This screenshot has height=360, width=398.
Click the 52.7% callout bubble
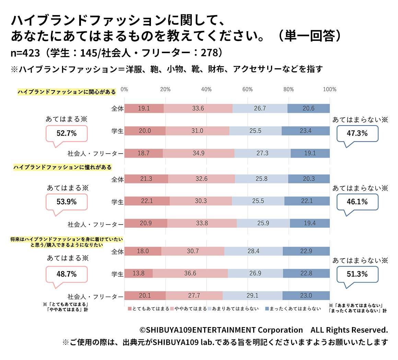pyautogui.click(x=67, y=133)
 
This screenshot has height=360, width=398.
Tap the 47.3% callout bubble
pyautogui.click(x=357, y=133)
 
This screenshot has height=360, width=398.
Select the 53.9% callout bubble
pyautogui.click(x=67, y=202)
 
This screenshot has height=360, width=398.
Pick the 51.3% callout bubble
pyautogui.click(x=357, y=274)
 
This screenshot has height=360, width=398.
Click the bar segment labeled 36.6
pyautogui.click(x=190, y=273)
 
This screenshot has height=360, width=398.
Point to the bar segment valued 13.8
pyautogui.click(x=138, y=273)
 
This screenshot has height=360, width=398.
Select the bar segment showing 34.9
pyautogui.click(x=199, y=153)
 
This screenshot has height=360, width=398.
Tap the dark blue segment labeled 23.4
pyautogui.click(x=305, y=131)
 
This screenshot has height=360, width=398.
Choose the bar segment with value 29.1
pyautogui.click(x=252, y=296)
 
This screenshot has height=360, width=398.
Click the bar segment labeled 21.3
pyautogui.click(x=146, y=179)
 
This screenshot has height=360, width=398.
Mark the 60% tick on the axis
pyautogui.click(x=247, y=89)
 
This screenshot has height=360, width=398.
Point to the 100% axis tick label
pyautogui.click(x=329, y=89)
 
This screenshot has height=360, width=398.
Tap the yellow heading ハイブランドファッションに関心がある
pyautogui.click(x=67, y=92)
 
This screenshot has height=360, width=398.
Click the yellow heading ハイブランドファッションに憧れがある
pyautogui.click(x=63, y=167)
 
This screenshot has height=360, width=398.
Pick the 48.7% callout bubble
pyautogui.click(x=67, y=274)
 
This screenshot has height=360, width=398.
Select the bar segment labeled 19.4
pyautogui.click(x=309, y=223)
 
